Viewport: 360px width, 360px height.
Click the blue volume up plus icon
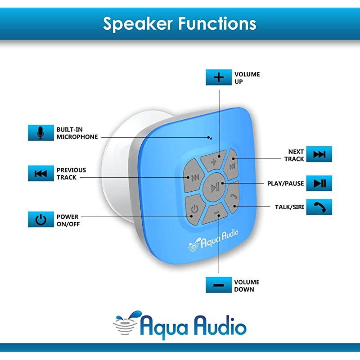pyautogui.click(x=219, y=77)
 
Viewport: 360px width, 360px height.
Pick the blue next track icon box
pyautogui.click(x=319, y=155)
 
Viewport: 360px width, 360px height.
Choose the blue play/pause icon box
pyautogui.click(x=319, y=183)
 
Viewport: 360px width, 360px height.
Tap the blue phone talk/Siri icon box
pyautogui.click(x=319, y=207)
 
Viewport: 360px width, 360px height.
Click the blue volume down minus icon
pyautogui.click(x=219, y=285)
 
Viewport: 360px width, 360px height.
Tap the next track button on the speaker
pyautogui.click(x=232, y=166)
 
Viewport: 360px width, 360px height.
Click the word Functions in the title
pyautogui.click(x=216, y=23)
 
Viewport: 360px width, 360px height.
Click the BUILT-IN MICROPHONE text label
pyautogui.click(x=76, y=133)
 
